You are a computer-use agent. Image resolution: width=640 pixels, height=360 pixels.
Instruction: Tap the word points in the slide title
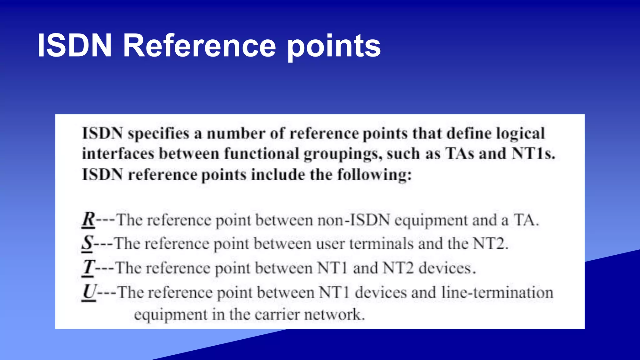[334, 47]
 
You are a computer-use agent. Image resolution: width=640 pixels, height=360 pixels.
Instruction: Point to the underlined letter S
[87, 243]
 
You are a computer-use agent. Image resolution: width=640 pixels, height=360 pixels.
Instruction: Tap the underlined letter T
[88, 267]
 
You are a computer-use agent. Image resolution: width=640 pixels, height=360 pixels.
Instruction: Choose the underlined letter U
[89, 292]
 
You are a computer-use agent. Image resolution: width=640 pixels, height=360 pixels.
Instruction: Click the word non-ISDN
[354, 220]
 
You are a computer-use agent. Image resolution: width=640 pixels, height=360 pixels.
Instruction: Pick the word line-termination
[497, 292]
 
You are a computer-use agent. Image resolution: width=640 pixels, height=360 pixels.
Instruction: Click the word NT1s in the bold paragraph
[533, 154]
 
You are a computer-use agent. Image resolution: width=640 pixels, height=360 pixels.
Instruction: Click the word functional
[262, 154]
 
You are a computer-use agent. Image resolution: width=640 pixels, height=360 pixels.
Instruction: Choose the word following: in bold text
[374, 174]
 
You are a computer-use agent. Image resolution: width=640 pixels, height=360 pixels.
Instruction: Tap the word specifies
[158, 134]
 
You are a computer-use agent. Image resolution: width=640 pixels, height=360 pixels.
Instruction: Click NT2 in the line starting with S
[490, 244]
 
